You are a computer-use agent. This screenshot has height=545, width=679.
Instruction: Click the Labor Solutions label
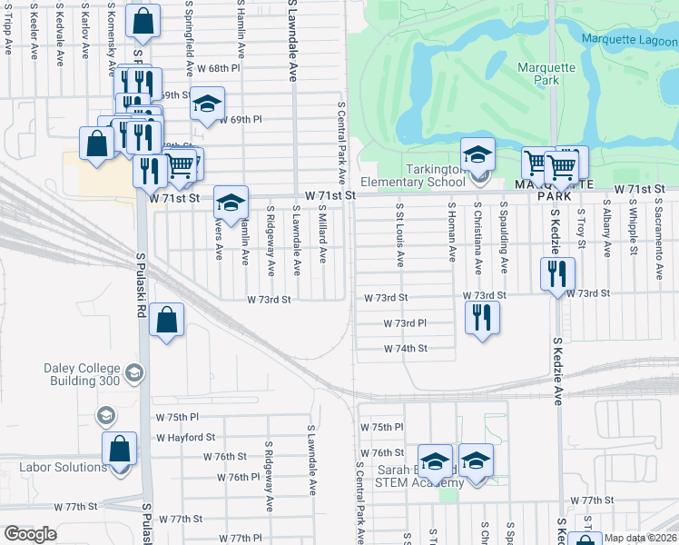click(x=63, y=467)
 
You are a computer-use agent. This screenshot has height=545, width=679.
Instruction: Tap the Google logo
click(x=30, y=533)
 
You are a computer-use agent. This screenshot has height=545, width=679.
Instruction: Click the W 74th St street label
click(x=405, y=348)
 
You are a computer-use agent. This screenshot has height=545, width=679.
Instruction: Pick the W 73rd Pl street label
click(x=405, y=322)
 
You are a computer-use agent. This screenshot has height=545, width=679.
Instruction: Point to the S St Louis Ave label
click(x=399, y=235)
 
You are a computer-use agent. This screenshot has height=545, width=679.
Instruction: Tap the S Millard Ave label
click(x=322, y=233)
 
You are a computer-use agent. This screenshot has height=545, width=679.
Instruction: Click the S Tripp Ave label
click(x=9, y=26)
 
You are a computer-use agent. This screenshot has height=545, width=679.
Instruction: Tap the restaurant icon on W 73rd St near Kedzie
click(x=557, y=273)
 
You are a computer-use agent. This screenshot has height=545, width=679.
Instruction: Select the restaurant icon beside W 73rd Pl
click(x=482, y=316)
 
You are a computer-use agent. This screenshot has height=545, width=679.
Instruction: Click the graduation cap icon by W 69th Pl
click(x=207, y=104)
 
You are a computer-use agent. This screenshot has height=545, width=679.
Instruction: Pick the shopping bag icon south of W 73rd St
click(x=167, y=319)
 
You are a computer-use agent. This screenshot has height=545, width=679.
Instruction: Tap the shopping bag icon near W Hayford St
click(x=120, y=448)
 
